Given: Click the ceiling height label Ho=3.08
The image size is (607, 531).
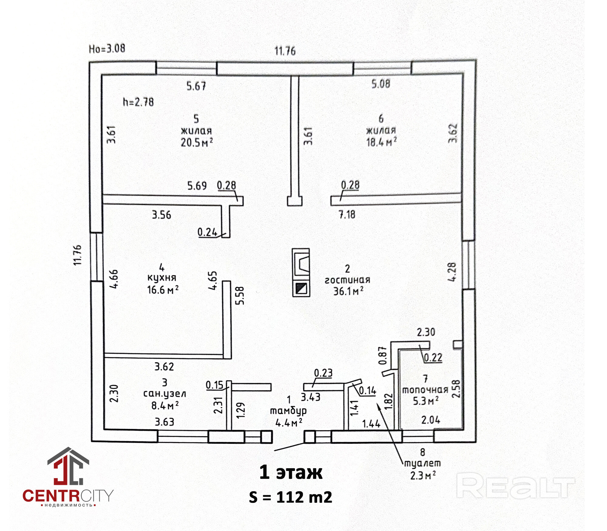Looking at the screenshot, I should coord(107,49).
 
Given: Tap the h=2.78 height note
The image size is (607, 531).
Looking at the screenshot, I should coord(138,102).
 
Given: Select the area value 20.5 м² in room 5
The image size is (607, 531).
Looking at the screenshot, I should coord(197,143).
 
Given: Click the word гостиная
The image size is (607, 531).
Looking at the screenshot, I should coord(347,280).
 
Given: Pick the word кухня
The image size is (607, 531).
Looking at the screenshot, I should coord(162,278).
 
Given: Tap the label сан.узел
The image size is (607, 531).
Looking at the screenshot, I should coord(164,394).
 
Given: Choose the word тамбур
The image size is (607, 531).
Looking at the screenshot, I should coord(288,411).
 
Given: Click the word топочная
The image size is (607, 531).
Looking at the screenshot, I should coord(425,390).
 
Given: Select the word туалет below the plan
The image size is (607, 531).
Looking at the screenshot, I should coord(422,463).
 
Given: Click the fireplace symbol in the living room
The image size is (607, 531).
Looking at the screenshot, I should coord(301,262).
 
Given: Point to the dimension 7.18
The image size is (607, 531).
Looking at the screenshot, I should coord(347,215).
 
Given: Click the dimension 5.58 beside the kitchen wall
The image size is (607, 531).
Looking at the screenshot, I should coord(240,296).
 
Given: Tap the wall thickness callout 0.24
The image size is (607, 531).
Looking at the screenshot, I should coord(207,232).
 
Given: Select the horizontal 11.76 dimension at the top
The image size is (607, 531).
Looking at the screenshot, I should coord(285,51).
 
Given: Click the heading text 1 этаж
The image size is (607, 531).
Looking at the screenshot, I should coord(291,472).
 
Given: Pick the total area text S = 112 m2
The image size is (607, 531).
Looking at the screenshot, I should coord(290,497).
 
